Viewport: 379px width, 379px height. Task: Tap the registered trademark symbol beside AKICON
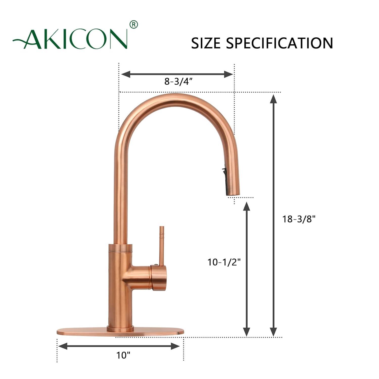(x=133, y=25)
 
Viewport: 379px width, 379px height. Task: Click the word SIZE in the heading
(x=205, y=43)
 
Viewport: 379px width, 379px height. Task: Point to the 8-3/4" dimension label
(x=179, y=82)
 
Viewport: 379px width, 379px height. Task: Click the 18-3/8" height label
(x=299, y=219)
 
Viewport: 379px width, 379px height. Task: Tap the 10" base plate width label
(x=123, y=355)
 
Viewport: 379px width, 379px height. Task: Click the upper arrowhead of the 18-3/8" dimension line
(x=273, y=99)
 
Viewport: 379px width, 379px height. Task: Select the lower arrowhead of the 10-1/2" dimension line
(x=246, y=332)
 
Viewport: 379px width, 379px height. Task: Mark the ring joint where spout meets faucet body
(x=120, y=249)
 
